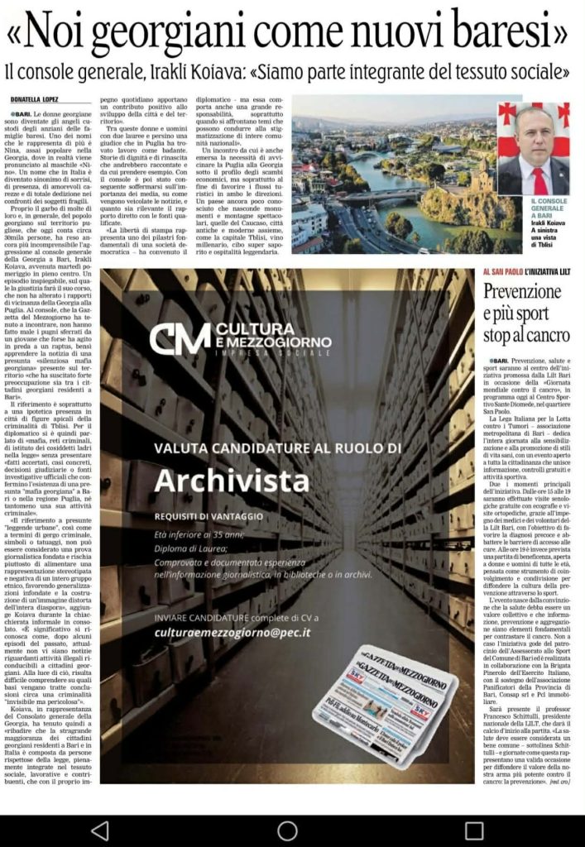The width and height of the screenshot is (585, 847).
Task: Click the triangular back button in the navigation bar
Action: (x=99, y=830)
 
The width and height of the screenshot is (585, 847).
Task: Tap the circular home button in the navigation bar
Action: (x=288, y=830)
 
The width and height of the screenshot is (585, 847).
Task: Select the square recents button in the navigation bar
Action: (x=474, y=830)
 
